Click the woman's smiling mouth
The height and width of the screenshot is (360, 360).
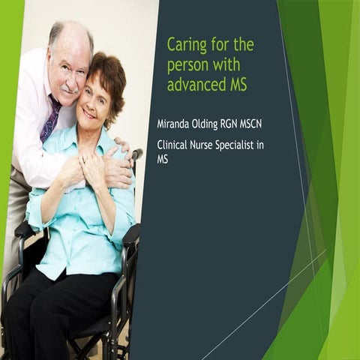(89, 113)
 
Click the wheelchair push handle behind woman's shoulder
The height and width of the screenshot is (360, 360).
(136, 154)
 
